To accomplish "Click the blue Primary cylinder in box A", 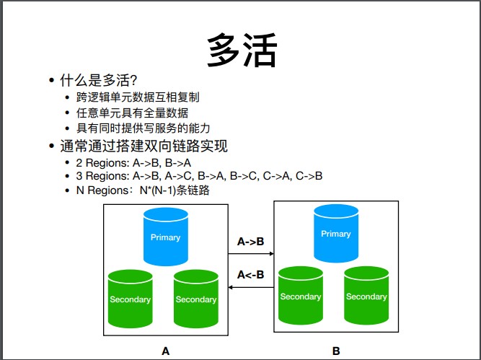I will click(165, 237).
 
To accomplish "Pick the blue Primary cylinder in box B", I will click(335, 234).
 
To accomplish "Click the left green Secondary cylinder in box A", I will click(130, 299).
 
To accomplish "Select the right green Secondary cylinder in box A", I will click(195, 299).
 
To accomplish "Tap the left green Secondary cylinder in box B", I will click(300, 296).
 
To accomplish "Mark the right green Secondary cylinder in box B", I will click(366, 296).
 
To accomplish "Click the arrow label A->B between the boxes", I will click(250, 242).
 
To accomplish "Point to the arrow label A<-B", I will click(250, 274).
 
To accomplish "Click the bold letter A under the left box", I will click(165, 351).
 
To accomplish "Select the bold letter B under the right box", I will click(336, 351).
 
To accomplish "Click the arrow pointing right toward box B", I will click(251, 254).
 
